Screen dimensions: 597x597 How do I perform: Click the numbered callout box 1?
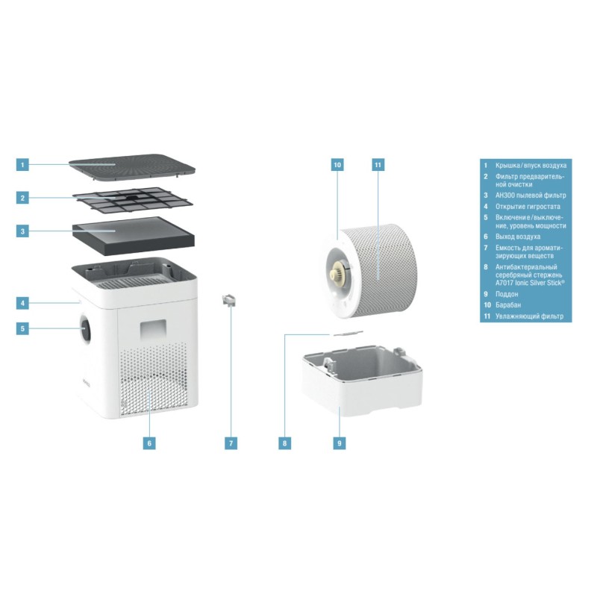tap(22, 165)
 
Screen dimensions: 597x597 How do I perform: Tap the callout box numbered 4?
tap(22, 303)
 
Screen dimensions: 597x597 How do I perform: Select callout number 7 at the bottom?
tap(231, 443)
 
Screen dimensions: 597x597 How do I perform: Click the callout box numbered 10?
tap(337, 165)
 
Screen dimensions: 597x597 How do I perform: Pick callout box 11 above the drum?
tap(378, 165)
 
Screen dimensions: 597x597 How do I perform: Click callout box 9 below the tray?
tap(340, 443)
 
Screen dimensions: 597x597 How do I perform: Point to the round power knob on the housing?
tap(85, 328)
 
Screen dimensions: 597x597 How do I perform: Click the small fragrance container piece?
tap(229, 300)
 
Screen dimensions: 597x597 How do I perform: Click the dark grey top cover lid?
tap(132, 166)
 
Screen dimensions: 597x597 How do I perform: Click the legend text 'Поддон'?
tap(507, 294)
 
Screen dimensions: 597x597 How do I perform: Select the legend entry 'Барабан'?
tap(508, 305)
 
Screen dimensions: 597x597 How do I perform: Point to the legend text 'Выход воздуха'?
tap(517, 237)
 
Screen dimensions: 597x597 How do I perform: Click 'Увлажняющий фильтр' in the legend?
tap(529, 316)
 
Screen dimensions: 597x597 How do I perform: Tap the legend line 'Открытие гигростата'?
tap(528, 207)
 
